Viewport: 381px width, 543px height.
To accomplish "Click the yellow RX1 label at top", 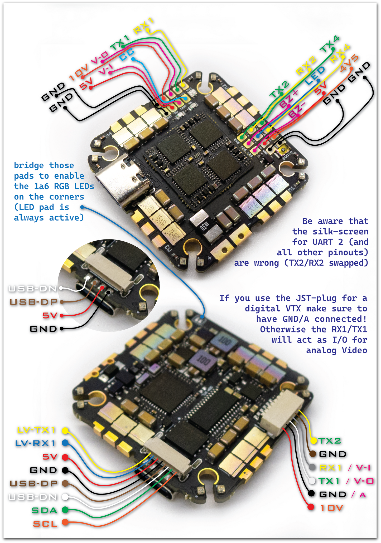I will (144, 26).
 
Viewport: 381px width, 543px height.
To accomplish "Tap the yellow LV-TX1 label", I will (36, 430).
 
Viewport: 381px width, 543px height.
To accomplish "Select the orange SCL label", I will (45, 524).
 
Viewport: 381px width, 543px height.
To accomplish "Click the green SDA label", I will (45, 510).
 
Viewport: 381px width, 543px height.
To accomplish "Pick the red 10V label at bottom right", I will (331, 508).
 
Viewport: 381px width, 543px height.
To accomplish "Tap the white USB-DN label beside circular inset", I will (33, 289).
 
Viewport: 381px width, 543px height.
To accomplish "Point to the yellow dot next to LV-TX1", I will (65, 431).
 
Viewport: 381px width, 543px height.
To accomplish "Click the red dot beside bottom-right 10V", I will (311, 507).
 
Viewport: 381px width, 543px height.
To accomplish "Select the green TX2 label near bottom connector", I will (330, 440).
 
